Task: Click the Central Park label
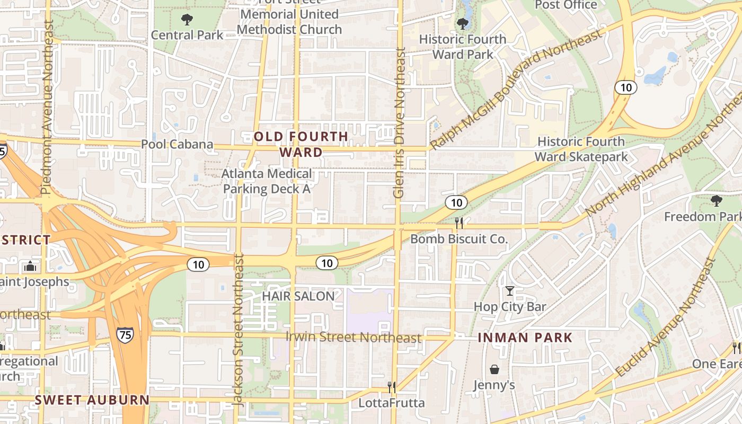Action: pyautogui.click(x=187, y=35)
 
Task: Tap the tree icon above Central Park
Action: pyautogui.click(x=187, y=20)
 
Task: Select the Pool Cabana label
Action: pyautogui.click(x=177, y=144)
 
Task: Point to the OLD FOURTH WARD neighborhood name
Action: pyautogui.click(x=301, y=144)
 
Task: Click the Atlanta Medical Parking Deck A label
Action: pyautogui.click(x=267, y=181)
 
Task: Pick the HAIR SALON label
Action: pyautogui.click(x=298, y=296)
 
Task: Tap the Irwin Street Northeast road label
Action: pyautogui.click(x=354, y=337)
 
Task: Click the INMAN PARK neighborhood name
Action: pyautogui.click(x=525, y=338)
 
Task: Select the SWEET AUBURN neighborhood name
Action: pyautogui.click(x=92, y=400)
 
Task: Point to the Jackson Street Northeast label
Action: pyautogui.click(x=238, y=330)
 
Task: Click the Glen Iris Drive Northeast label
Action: pyautogui.click(x=400, y=123)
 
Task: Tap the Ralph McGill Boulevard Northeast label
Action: pyautogui.click(x=516, y=89)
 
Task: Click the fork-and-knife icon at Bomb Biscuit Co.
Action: pyautogui.click(x=459, y=223)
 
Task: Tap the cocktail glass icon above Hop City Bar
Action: pyautogui.click(x=509, y=291)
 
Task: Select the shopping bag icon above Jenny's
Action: pyautogui.click(x=494, y=369)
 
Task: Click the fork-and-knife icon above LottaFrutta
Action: pyautogui.click(x=392, y=387)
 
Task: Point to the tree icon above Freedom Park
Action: pyautogui.click(x=717, y=201)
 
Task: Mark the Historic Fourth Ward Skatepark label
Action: pyautogui.click(x=581, y=149)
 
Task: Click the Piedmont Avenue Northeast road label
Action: pyautogui.click(x=48, y=107)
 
